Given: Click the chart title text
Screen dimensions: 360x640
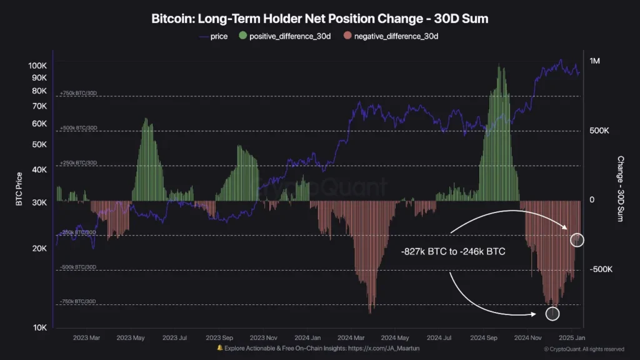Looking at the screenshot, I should click(320, 19).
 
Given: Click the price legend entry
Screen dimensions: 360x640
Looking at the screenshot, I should click(214, 37).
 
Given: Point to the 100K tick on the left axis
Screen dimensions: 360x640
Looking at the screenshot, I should click(38, 66).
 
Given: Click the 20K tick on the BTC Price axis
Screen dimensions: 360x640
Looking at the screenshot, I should click(40, 249).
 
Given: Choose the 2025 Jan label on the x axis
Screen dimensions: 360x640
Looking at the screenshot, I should click(571, 337).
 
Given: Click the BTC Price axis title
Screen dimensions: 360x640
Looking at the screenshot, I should click(19, 189).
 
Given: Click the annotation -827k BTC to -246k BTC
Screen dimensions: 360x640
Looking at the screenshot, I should click(453, 252).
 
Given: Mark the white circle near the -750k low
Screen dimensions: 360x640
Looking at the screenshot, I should click(552, 314).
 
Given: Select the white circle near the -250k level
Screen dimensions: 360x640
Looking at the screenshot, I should click(578, 239).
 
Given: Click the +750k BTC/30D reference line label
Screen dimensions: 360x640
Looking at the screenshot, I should click(78, 94).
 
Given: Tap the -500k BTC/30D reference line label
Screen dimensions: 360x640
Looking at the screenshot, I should click(78, 267).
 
